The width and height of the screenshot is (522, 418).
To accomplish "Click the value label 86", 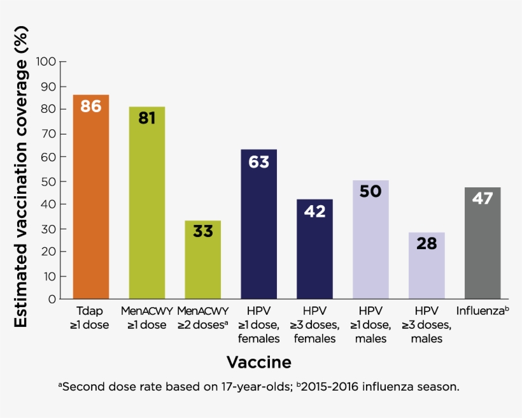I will coord(91,106).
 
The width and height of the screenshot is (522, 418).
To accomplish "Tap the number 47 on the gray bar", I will coord(483,198).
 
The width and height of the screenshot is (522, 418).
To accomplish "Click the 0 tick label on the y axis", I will coord(53,299).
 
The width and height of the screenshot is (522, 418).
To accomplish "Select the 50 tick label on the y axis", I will coord(49,181).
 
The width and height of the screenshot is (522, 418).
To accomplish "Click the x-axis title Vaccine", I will coord(259,363).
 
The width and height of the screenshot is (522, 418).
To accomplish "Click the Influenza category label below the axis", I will coord(483,312).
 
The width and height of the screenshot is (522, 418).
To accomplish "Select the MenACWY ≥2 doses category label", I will coord(203,318).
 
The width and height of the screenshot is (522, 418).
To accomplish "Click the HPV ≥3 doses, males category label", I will coord(427,325).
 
